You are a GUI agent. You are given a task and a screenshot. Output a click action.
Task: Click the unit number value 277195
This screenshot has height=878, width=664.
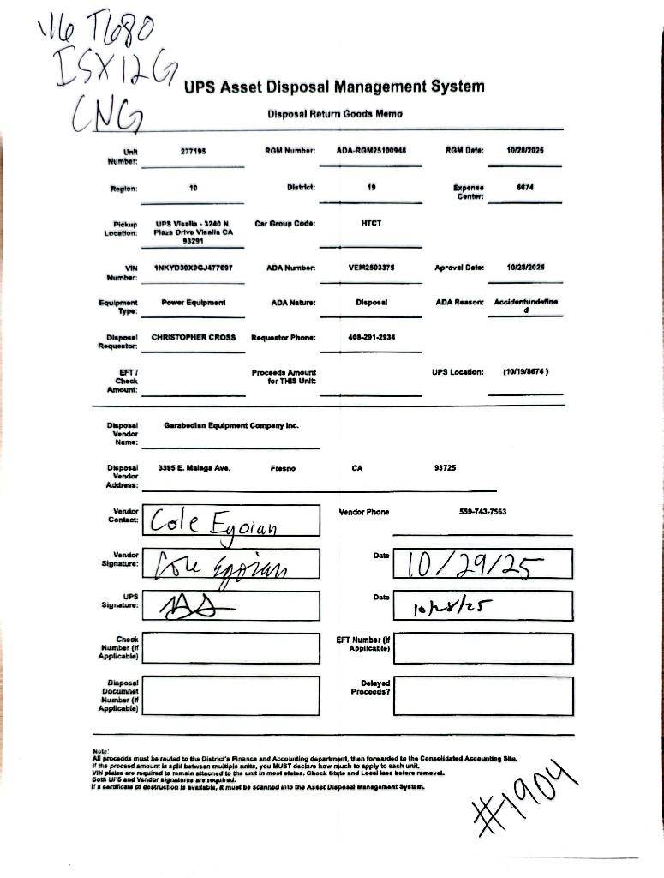(193, 151)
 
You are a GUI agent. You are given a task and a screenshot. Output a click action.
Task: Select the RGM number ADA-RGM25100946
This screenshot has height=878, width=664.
(371, 151)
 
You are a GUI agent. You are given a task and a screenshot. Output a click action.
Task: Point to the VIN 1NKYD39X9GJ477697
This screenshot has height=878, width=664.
(193, 268)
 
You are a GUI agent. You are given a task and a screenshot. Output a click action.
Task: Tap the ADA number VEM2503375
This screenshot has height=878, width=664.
(371, 268)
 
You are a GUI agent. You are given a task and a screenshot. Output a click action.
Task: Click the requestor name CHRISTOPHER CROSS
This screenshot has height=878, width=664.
(194, 337)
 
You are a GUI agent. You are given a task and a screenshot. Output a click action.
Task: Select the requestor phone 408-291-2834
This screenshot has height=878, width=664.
(371, 337)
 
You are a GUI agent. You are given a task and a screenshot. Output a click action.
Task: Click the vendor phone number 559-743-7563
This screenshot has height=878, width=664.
(482, 512)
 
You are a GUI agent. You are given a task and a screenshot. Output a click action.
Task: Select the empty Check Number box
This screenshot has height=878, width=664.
(230, 648)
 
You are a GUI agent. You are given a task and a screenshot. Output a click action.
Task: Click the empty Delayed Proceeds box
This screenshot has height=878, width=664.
(483, 695)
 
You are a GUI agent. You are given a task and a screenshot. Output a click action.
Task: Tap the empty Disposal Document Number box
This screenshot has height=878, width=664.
(230, 695)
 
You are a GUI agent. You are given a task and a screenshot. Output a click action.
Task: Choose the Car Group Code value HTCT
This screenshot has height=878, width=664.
(371, 223)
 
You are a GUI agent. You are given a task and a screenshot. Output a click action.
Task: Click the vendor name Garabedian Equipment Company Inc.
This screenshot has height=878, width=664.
(230, 425)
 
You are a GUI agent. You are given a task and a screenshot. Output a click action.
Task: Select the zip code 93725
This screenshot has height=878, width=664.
(446, 469)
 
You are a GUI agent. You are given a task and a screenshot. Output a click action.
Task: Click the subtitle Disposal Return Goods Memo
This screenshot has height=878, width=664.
(334, 114)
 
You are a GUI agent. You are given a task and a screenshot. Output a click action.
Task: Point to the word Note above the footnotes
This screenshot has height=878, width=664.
(100, 752)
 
